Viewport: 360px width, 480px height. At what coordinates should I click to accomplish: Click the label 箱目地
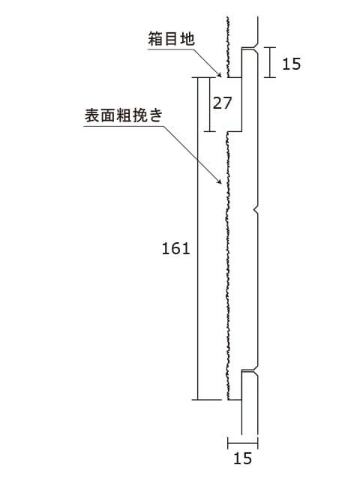(171, 39)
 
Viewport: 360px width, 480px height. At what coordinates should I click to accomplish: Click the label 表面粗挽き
(124, 115)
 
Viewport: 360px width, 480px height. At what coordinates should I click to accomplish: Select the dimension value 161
(175, 248)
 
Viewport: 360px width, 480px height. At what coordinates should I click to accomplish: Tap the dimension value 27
(223, 103)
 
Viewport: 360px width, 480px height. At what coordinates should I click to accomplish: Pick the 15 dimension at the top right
(292, 64)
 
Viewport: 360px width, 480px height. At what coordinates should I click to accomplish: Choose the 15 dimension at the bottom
(243, 458)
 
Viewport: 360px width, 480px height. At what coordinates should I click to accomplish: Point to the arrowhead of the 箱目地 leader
(219, 74)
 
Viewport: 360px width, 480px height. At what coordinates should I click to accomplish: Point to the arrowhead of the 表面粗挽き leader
(219, 181)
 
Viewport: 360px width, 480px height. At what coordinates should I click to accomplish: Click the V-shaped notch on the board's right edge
(256, 210)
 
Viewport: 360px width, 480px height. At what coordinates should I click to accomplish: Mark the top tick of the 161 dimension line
(207, 77)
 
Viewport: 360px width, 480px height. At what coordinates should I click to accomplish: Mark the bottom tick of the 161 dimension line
(207, 400)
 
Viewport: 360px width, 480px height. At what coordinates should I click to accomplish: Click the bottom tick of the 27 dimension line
(210, 132)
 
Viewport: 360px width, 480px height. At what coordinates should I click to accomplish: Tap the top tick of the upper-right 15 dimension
(270, 47)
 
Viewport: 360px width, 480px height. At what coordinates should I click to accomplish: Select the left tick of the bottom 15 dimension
(228, 443)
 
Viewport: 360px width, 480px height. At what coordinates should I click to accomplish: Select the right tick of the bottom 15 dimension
(257, 443)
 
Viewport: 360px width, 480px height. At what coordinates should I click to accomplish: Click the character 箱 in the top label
(155, 39)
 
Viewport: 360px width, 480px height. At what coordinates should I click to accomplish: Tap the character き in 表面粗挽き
(156, 115)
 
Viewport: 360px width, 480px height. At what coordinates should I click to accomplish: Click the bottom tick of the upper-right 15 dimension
(270, 77)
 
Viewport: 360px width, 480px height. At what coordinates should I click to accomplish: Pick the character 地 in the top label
(187, 39)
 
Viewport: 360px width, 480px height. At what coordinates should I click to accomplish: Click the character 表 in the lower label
(91, 115)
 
